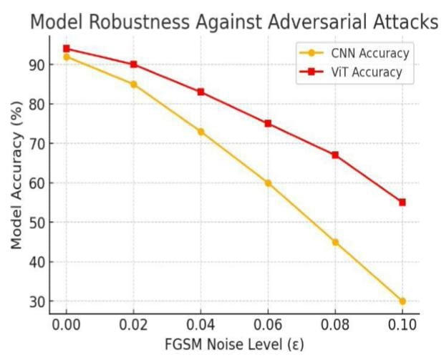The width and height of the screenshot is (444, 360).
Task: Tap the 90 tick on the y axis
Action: coord(37,64)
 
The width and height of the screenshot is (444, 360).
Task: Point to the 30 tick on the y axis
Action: coord(37,301)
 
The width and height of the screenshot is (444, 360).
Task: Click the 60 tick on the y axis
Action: coord(37,183)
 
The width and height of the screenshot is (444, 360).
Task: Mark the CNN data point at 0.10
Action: coord(402,301)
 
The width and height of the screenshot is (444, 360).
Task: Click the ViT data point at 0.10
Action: coord(402,203)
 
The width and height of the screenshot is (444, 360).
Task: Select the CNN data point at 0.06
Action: coord(268,183)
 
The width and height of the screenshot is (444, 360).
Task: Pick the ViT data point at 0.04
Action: coord(201,92)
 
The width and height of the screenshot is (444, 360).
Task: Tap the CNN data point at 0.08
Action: coord(335,242)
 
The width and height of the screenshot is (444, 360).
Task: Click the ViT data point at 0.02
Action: coord(133,64)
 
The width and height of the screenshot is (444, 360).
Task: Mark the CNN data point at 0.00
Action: coord(67,57)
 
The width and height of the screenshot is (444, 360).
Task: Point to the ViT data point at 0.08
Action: coord(335,155)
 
